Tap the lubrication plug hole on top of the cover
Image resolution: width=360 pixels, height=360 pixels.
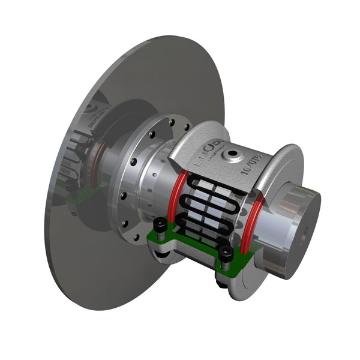pyautogui.click(x=230, y=155)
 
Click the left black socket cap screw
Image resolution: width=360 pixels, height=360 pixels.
pyautogui.click(x=161, y=226)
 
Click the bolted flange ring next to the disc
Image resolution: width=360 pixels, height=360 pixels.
pyautogui.click(x=135, y=180)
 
